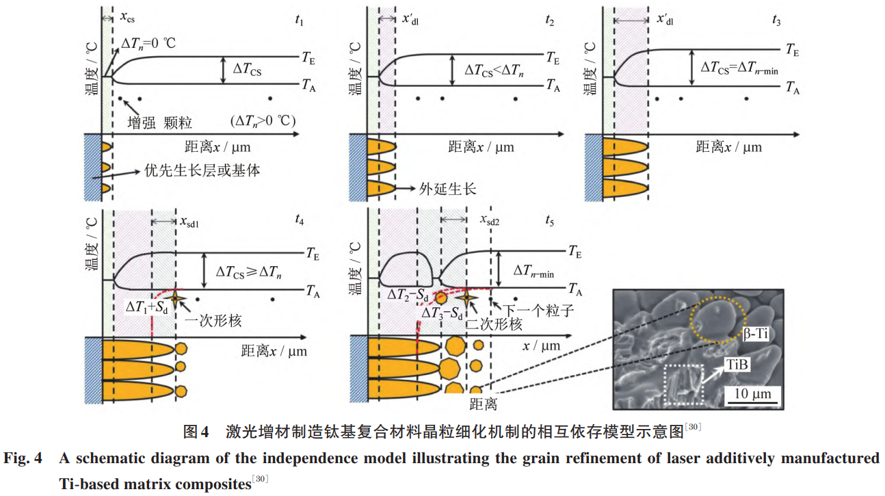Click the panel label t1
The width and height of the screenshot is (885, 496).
[x=299, y=20]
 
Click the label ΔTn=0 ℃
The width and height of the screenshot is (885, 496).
[x=149, y=42]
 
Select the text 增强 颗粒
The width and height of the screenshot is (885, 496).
[x=160, y=122]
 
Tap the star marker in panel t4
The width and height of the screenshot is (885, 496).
[x=176, y=296]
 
